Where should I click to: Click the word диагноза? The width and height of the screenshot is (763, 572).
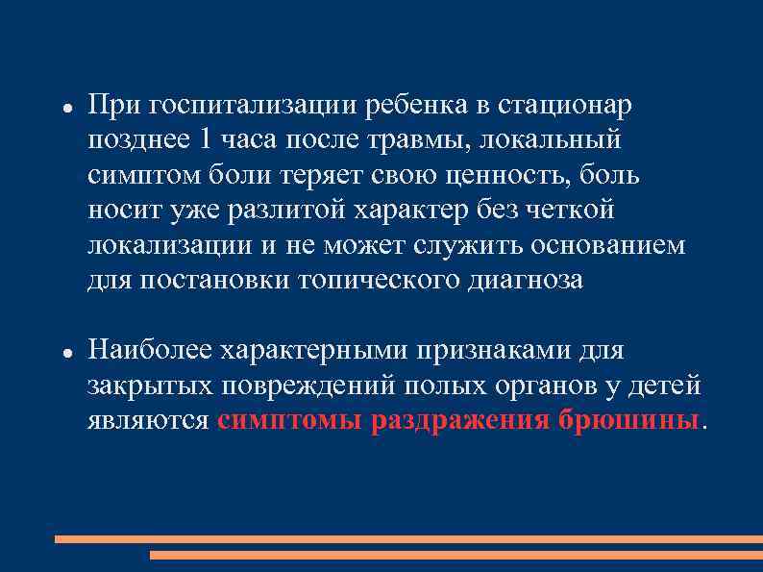[x=529, y=282]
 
